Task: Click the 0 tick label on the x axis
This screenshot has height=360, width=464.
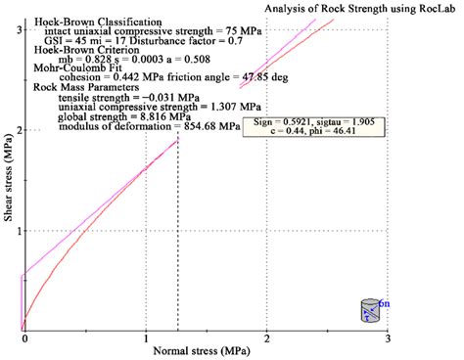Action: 23,338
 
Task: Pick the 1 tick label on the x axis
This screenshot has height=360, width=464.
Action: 145,338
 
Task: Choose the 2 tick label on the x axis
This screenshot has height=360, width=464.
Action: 267,338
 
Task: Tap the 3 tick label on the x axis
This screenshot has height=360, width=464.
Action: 389,338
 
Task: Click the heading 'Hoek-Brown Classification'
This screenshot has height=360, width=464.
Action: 95,20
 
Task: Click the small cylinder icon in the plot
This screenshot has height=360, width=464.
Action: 369,310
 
